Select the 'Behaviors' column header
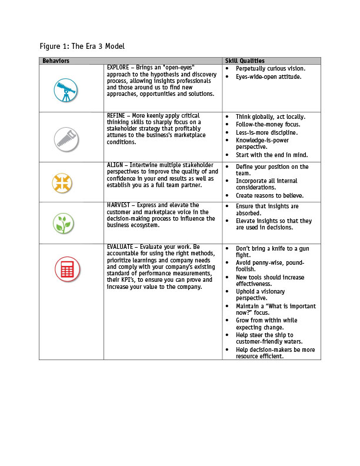(56, 61)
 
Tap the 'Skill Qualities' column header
(244, 61)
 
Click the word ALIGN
(115, 165)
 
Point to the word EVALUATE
(121, 247)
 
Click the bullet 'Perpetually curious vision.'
(271, 68)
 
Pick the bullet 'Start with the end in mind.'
(271, 155)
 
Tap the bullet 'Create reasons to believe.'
(269, 195)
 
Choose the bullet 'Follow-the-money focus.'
(268, 124)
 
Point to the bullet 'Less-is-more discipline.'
(266, 132)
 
